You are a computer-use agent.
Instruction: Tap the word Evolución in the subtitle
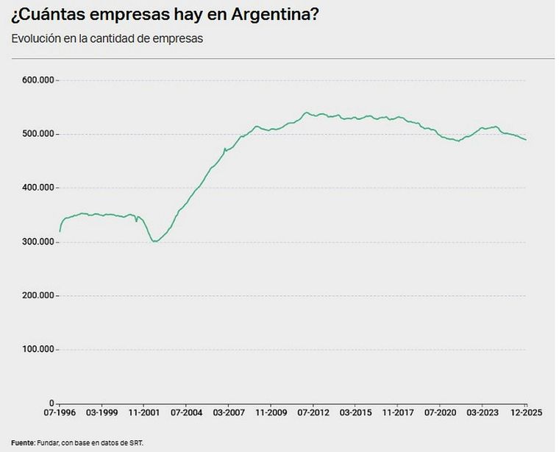pos(37,38)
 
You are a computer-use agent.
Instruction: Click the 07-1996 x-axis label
pos(60,414)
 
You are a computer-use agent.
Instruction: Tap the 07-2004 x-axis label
pos(186,414)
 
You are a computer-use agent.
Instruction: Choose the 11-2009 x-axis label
pos(271,414)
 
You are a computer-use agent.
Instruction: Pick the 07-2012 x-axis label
pos(313,414)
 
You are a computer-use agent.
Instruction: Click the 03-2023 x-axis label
pos(483,414)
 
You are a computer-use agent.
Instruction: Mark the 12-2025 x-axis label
pos(526,414)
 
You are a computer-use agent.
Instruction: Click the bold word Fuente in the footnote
pos(23,443)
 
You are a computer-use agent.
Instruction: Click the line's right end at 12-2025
pos(526,140)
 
